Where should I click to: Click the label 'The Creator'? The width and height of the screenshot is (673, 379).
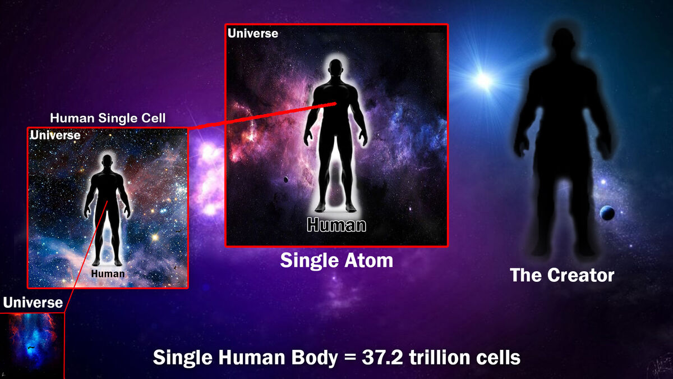(x=562, y=275)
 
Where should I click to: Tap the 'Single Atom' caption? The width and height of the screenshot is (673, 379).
(x=336, y=261)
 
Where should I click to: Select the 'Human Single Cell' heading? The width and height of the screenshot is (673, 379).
(x=108, y=118)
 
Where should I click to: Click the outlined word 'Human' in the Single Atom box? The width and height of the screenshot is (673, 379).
(x=336, y=225)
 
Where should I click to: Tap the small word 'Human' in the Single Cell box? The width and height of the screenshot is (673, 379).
(x=108, y=273)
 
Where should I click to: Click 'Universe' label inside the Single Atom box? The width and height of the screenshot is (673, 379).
(x=253, y=34)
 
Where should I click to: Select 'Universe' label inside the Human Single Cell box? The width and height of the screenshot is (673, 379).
(x=56, y=135)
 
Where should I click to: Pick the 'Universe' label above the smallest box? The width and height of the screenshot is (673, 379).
(x=33, y=303)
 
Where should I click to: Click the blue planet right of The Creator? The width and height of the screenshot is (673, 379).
(x=606, y=213)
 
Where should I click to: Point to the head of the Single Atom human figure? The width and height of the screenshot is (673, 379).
(x=336, y=70)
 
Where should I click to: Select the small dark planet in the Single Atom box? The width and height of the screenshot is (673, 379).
(x=285, y=180)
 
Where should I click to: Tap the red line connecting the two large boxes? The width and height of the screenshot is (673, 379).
(x=264, y=116)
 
